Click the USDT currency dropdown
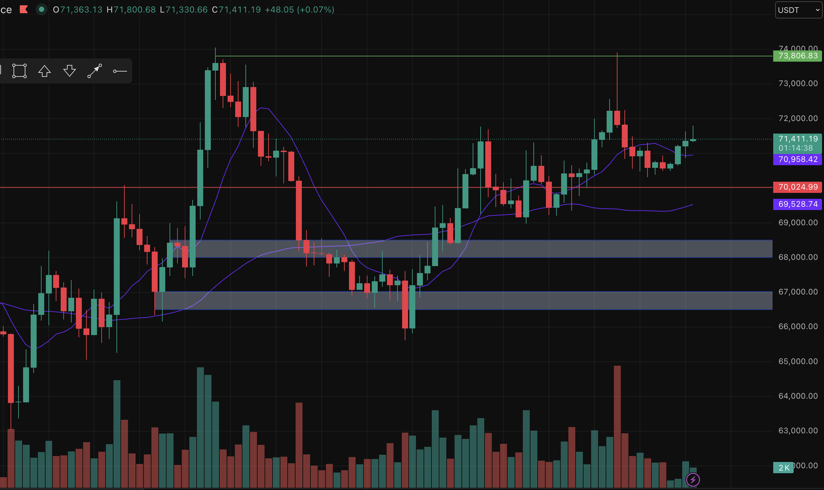(x=798, y=10)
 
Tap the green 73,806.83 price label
(x=797, y=56)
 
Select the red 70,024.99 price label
(x=797, y=187)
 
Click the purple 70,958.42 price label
(x=797, y=160)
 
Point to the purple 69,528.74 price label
(x=797, y=204)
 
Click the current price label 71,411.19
(x=797, y=139)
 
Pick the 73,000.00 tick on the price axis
(x=798, y=83)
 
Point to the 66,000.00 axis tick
(x=798, y=326)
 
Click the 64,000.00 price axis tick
(x=798, y=396)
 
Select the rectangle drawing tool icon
(x=19, y=71)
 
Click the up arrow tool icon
(x=44, y=71)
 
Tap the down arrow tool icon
(x=69, y=71)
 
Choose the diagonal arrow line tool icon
(x=94, y=71)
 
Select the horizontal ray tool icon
(x=120, y=71)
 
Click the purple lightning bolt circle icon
(x=693, y=479)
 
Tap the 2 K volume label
(x=783, y=468)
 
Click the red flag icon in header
(x=24, y=10)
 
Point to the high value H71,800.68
(x=131, y=10)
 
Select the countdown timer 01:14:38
(x=797, y=148)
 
